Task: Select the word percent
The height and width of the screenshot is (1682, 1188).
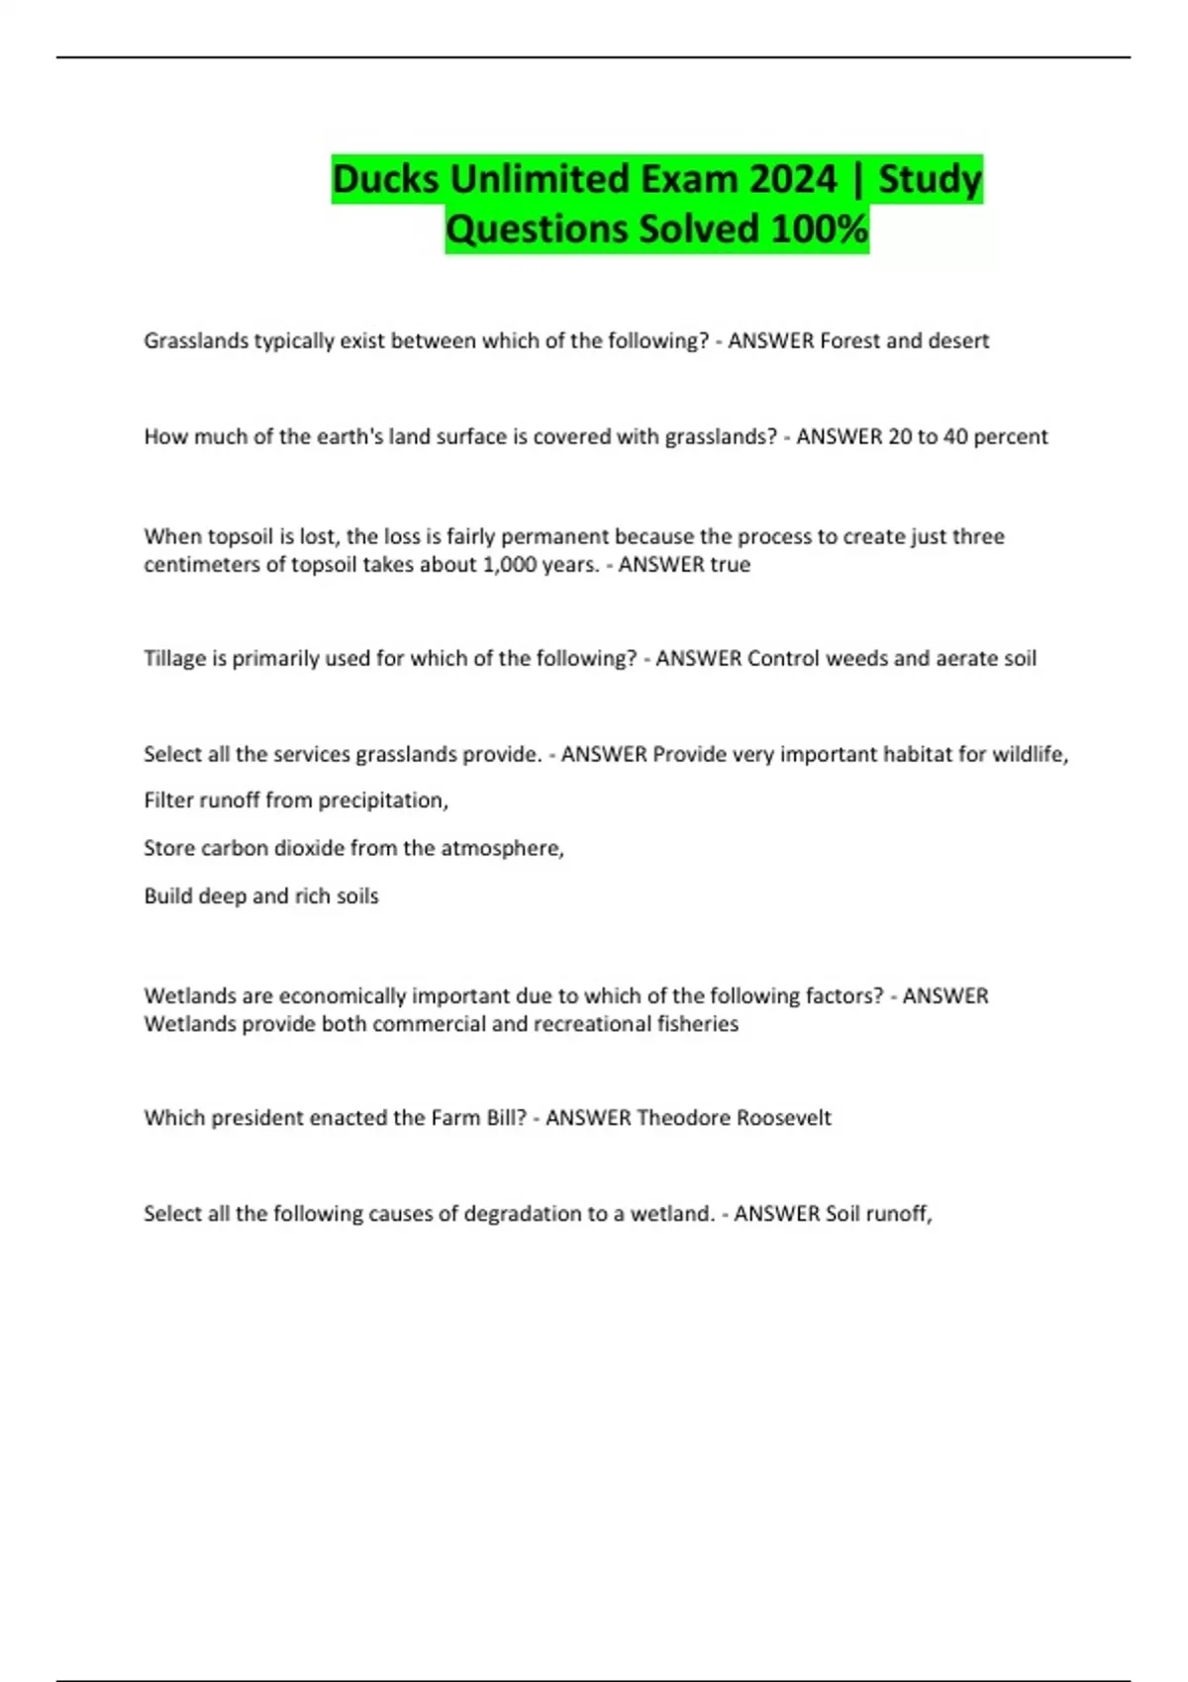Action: (1010, 437)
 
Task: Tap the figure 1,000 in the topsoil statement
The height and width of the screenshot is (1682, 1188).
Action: (509, 565)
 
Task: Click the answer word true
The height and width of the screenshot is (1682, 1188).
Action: (729, 565)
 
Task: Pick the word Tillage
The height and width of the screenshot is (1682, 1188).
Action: (175, 659)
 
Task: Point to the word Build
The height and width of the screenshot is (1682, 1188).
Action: (167, 896)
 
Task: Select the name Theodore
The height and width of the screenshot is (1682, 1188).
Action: (685, 1118)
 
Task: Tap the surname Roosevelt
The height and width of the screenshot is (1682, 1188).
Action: (784, 1118)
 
